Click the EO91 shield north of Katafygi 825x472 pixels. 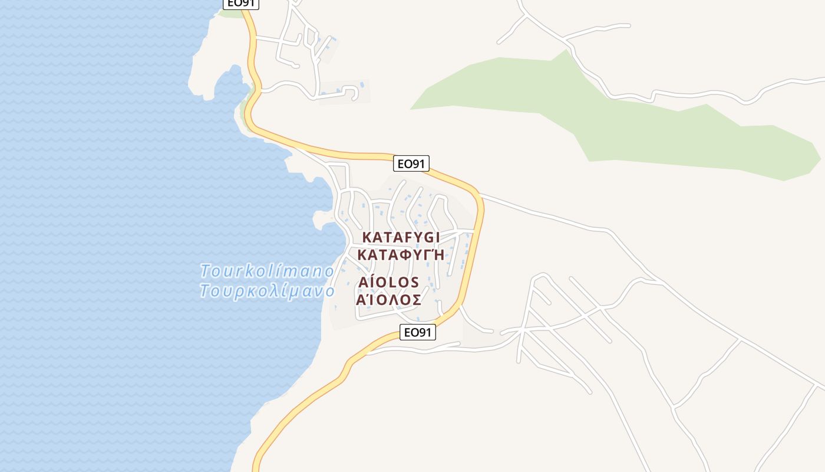point(411,163)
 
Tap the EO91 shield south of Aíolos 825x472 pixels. point(417,332)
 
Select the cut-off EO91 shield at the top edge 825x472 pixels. point(240,4)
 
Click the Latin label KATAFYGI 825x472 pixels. point(401,237)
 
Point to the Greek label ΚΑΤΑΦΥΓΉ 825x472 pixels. point(401,255)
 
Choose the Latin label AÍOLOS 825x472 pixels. point(388,282)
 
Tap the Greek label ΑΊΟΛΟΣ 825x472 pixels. point(389,300)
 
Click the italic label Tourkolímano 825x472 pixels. point(267,271)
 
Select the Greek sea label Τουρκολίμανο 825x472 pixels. point(267,291)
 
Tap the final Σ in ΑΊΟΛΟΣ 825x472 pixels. point(416,300)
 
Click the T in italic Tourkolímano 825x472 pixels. point(205,271)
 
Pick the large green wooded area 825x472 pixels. point(619,118)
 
